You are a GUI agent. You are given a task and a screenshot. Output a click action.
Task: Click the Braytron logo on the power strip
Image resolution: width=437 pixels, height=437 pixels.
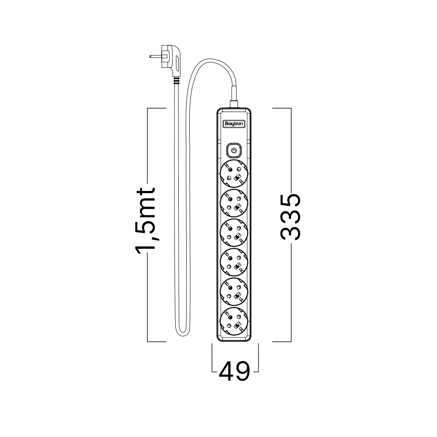pyautogui.click(x=234, y=124)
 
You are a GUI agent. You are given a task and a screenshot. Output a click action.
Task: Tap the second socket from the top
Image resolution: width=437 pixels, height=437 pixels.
pyautogui.click(x=234, y=203)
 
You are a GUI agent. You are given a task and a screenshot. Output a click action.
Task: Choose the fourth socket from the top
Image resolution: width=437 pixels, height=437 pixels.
pyautogui.click(x=234, y=262)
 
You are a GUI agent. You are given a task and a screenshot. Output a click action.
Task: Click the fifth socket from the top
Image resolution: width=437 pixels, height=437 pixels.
pyautogui.click(x=234, y=291)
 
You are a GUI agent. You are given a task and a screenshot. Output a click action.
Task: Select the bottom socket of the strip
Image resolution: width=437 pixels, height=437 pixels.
pyautogui.click(x=234, y=321)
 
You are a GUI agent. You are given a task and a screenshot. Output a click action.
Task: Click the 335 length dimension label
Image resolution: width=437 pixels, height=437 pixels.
pyautogui.click(x=291, y=217)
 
